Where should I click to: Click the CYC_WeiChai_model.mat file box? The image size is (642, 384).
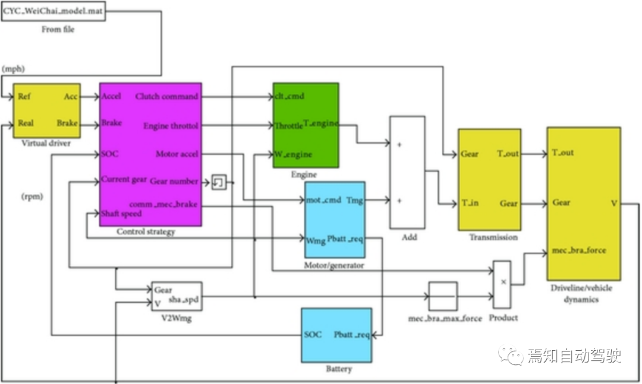53,12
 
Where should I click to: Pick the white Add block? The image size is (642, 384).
407,172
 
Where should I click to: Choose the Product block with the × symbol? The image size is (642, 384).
502,283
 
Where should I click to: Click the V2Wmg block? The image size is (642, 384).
177,296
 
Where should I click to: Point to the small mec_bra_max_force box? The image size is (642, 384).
443,296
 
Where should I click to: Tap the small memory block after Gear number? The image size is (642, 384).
219,182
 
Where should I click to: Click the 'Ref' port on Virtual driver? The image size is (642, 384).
24,97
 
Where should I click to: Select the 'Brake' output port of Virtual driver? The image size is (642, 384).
67,123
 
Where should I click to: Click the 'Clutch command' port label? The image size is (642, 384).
166,96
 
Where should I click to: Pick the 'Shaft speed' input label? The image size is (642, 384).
121,214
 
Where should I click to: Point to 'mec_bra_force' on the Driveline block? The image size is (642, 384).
578,250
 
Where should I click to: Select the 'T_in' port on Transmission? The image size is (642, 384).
470,203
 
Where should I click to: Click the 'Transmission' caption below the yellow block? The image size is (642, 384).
493,237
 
